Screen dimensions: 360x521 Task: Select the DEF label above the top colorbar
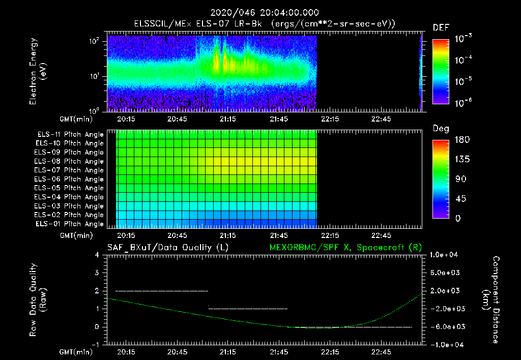440,27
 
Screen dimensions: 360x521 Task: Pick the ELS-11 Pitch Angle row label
70,135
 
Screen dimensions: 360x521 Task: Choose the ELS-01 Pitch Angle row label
70,224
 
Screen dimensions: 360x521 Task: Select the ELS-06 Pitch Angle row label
70,179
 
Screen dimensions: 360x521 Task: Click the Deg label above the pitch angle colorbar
440,129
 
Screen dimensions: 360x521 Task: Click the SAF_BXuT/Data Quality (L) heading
167,247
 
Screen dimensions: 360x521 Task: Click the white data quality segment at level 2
162,291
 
